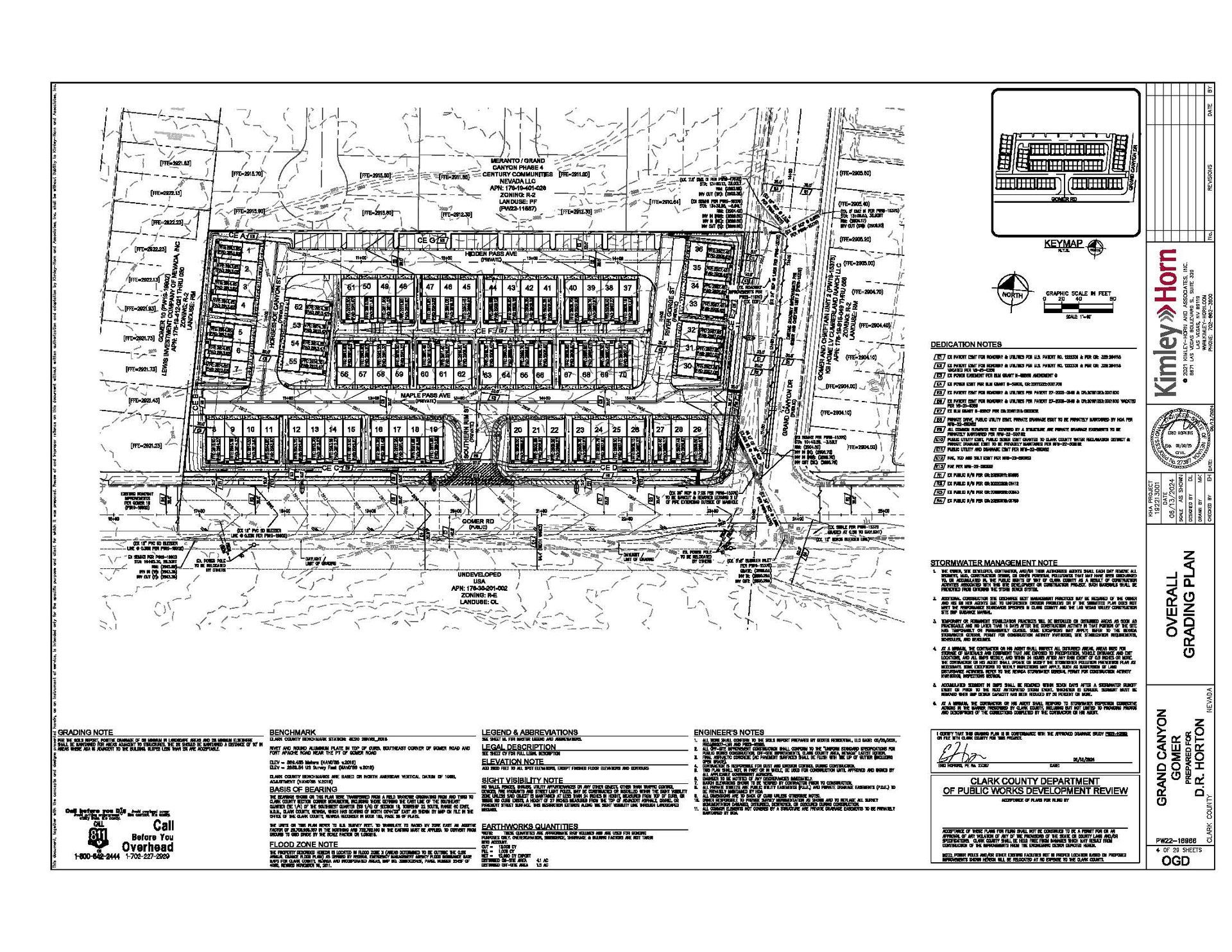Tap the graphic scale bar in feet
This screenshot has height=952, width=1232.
[x=1081, y=308]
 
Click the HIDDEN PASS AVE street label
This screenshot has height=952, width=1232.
[x=491, y=254]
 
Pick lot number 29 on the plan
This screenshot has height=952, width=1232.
[x=696, y=429]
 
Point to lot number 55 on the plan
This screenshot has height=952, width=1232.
[x=293, y=362]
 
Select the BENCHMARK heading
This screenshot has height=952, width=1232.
[x=293, y=732]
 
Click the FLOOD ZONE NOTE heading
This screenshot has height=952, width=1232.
[x=304, y=845]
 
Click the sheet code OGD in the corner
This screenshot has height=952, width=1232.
[x=1176, y=860]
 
